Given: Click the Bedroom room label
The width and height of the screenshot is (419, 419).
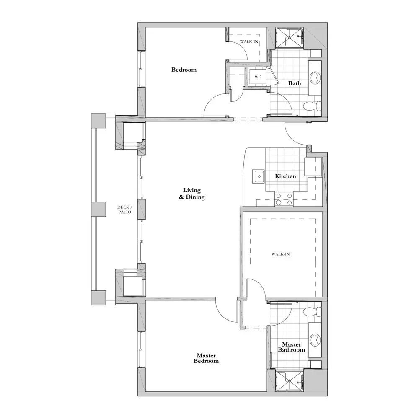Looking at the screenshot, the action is coord(184,70).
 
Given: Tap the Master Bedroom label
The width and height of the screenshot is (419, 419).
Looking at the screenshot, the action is coord(206,358).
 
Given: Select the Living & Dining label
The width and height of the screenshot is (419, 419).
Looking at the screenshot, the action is coord(192,194).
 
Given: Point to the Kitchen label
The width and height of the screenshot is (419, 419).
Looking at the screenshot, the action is coord(285,176).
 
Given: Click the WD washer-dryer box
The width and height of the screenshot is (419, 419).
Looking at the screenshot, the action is coord(258,76).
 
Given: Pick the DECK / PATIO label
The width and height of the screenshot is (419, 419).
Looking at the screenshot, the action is coord(124,209).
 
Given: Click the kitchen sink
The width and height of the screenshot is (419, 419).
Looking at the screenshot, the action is coord(259,176).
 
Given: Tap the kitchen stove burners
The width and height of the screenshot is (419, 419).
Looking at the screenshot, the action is coord(284,199).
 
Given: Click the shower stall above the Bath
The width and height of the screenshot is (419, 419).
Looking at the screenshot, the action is coord(290,38).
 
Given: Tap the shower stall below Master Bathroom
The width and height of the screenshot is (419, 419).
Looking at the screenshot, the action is coord(290,380).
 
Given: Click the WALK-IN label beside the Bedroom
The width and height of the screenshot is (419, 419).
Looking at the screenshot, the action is coord(249,41).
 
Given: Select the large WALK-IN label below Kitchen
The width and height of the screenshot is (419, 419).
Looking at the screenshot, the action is coord(281,254).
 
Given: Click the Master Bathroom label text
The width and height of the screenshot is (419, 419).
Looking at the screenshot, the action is coord(291,347).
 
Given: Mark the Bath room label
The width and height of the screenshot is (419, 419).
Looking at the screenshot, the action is coord(295,83).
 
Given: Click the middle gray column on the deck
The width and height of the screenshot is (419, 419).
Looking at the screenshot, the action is coord(98,209).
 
